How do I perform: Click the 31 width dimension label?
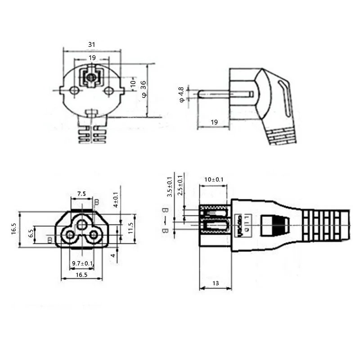[x=92, y=45]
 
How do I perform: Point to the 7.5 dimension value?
[x=81, y=193]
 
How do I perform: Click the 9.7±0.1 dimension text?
[x=82, y=263]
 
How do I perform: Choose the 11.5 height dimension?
[x=131, y=228]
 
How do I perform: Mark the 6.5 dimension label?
[x=31, y=233]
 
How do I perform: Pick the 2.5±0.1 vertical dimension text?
[x=180, y=185]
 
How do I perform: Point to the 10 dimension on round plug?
[x=133, y=83]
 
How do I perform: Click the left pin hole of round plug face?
[x=75, y=91]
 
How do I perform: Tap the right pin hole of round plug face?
[x=108, y=91]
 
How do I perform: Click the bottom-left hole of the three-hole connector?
[x=70, y=234]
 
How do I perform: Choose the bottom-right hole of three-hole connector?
[x=93, y=234]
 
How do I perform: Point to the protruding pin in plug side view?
[x=214, y=94]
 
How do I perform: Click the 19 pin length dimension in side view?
[x=214, y=122]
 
